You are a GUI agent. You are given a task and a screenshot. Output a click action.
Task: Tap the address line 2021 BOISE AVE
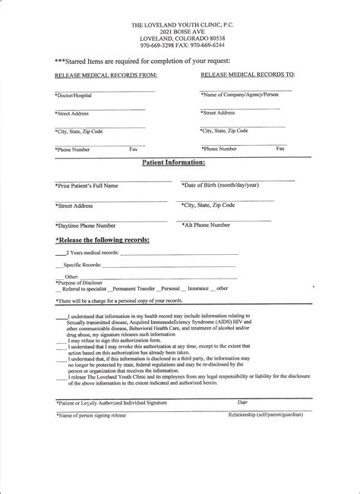180,32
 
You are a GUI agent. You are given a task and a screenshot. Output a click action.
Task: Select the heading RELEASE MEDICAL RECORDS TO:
248,76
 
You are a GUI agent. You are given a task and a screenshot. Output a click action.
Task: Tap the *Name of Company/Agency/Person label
240,94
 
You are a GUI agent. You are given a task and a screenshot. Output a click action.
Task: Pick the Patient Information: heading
174,162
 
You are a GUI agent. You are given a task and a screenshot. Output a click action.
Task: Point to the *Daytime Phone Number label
85,225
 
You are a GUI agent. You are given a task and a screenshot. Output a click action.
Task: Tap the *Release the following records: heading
102,240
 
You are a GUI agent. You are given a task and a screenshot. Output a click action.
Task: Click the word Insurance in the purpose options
198,288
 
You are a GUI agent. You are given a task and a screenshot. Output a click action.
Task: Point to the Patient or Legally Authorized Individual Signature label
111,402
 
